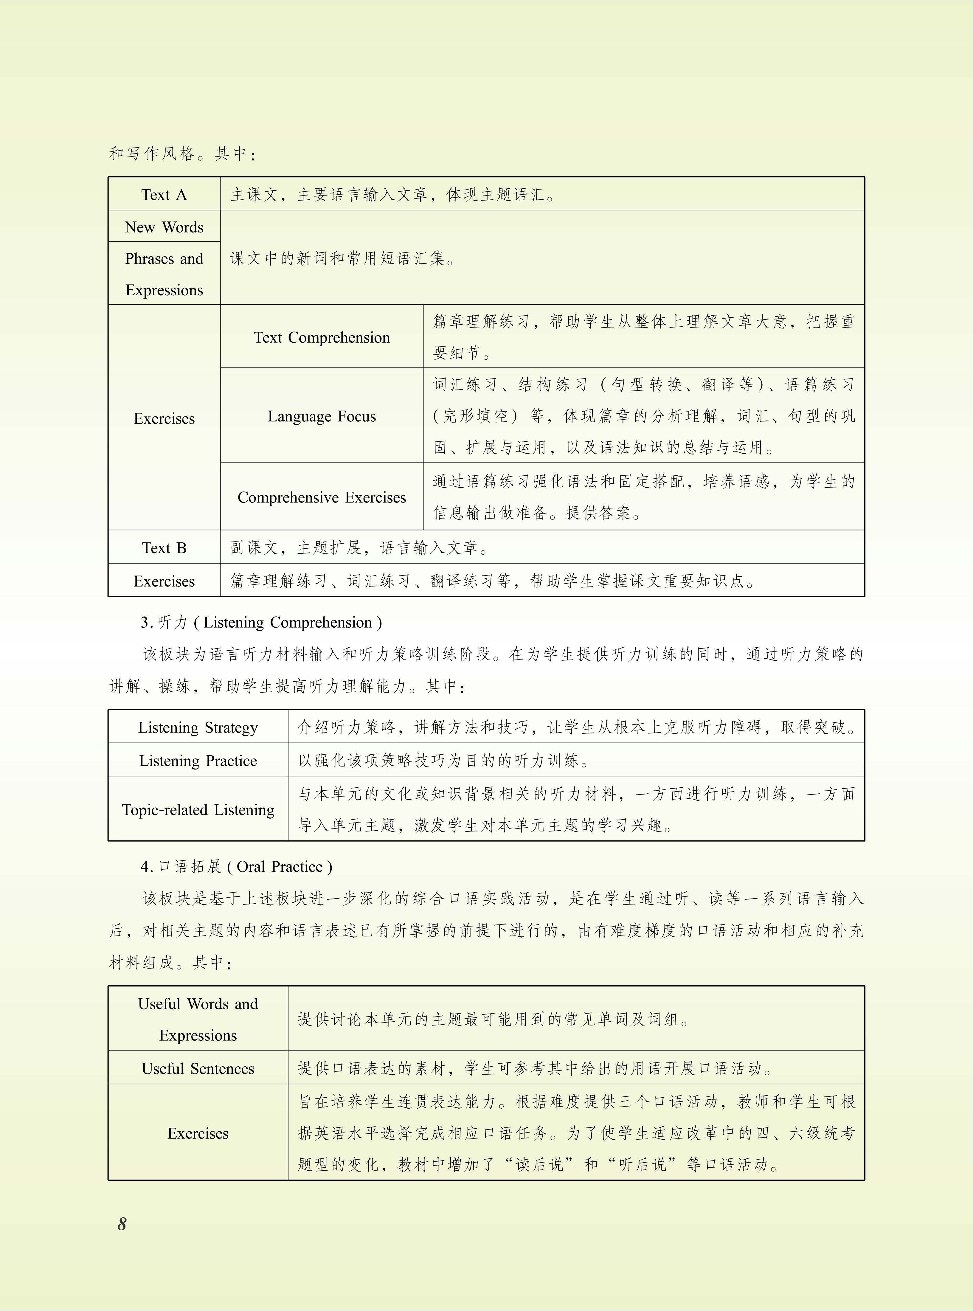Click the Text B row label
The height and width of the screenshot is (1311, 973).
(x=164, y=548)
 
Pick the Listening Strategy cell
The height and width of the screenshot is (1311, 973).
(x=198, y=727)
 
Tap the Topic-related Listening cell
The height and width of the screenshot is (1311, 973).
(x=198, y=810)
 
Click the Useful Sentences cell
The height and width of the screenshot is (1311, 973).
(x=198, y=1068)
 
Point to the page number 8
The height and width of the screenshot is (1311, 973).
(x=122, y=1224)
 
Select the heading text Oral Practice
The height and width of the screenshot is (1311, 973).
(x=280, y=866)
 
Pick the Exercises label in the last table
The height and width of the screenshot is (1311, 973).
(x=198, y=1133)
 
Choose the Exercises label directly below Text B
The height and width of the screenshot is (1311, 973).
(x=164, y=581)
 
